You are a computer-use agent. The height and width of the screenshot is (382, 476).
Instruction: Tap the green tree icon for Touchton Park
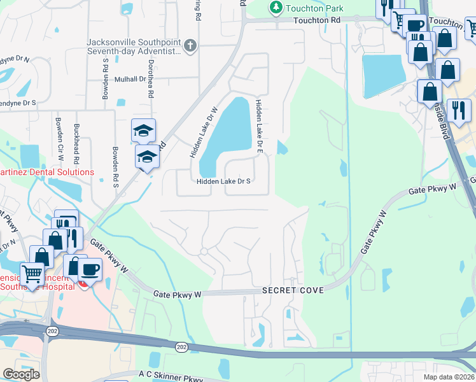(276, 8)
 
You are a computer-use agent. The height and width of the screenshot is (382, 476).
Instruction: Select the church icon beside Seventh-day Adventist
(190, 45)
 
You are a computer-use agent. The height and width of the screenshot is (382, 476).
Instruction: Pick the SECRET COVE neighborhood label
(293, 290)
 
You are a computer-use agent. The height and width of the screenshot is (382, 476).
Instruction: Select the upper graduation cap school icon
(143, 131)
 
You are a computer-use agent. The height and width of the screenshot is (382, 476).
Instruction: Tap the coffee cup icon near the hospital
(90, 269)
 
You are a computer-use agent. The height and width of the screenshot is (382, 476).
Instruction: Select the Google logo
(21, 374)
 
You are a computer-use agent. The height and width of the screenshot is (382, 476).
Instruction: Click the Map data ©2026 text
(448, 377)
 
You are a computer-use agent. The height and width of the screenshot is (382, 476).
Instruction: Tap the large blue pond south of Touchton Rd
(382, 75)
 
